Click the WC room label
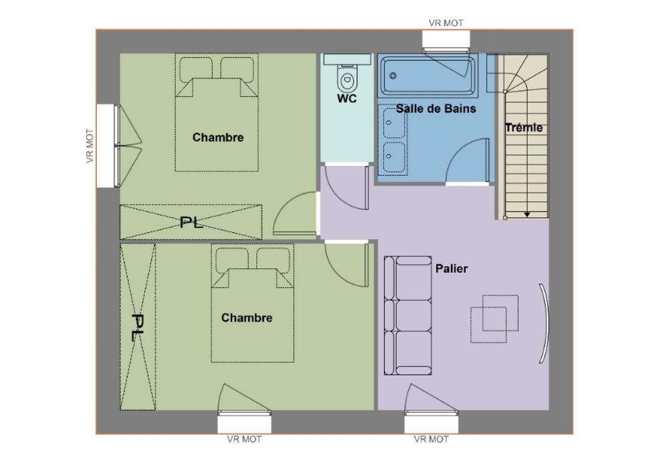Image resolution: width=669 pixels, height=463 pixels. (x=347, y=99)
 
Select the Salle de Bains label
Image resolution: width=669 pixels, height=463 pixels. (x=436, y=109)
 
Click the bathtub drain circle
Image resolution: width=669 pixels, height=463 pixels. (x=393, y=76)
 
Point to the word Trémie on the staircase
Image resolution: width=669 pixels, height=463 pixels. (x=524, y=128)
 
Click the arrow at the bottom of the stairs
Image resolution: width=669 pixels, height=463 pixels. (x=527, y=215)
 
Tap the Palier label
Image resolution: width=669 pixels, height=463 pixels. (x=452, y=269)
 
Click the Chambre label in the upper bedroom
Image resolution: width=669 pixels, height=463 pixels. (x=218, y=137)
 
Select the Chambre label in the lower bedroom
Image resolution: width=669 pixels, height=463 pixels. (x=247, y=318)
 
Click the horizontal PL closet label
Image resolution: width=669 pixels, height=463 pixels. (x=191, y=222)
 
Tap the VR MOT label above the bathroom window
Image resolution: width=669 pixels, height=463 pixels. (x=446, y=23)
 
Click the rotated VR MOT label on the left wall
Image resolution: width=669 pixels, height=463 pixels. (x=90, y=145)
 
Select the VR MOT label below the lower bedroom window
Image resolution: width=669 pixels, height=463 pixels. (x=244, y=439)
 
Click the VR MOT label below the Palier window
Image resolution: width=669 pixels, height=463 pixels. (x=431, y=439)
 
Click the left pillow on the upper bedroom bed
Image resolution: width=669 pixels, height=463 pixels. (x=196, y=68)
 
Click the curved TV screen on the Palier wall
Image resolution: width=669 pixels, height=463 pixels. (x=545, y=323)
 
